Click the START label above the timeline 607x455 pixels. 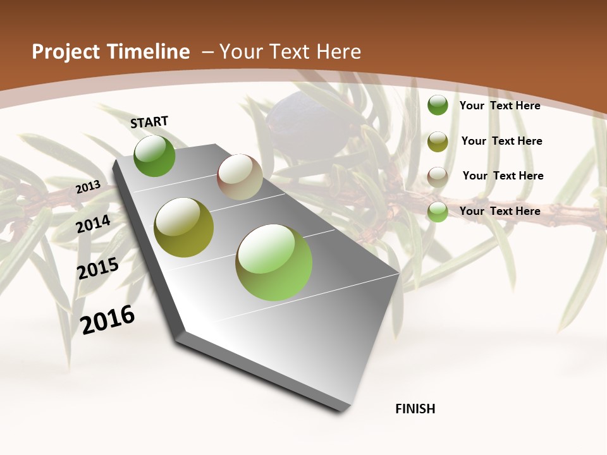click(149, 122)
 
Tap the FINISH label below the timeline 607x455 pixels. click(415, 409)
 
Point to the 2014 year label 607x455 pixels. click(94, 224)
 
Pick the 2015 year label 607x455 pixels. click(98, 269)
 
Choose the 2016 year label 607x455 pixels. click(107, 319)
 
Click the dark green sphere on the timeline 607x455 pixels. click(154, 155)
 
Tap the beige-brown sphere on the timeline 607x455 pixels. click(240, 177)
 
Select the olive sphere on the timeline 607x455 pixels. click(183, 227)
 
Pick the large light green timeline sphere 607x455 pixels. click(274, 262)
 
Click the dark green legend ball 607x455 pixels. click(438, 105)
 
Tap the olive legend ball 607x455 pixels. click(438, 142)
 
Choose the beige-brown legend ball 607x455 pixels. click(438, 176)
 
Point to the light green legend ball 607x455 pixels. click(438, 212)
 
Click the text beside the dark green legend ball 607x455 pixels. click(500, 106)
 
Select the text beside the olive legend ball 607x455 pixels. click(501, 141)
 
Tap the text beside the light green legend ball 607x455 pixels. click(500, 211)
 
